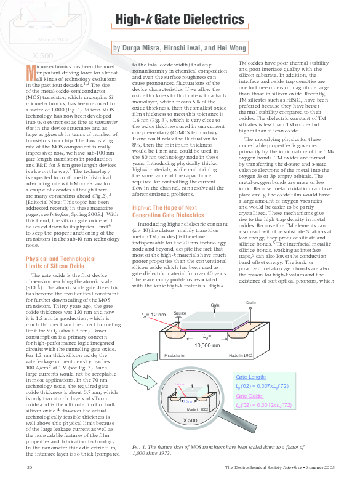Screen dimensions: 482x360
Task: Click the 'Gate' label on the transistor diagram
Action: pos(215,305)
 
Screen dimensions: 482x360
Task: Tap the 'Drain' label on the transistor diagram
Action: pos(251,303)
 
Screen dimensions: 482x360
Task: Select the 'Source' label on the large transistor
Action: pos(179,313)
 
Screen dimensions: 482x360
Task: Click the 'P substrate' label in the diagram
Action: pos(174,356)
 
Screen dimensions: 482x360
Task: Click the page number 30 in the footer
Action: pos(29,468)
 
